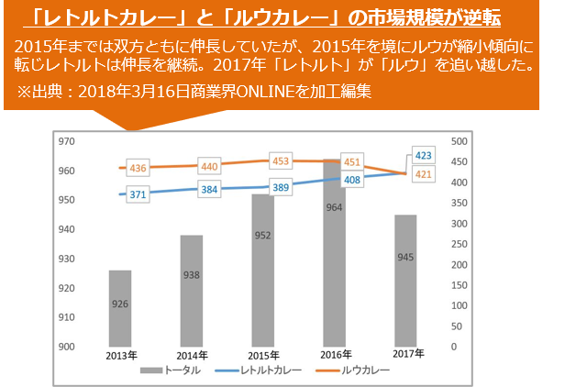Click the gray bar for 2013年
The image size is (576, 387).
[x=119, y=307]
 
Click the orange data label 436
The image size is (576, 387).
[x=138, y=168]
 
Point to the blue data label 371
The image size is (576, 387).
[x=138, y=194]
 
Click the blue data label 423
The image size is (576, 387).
[x=424, y=155]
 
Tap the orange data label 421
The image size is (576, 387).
[x=424, y=174]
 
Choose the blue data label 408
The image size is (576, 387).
[x=352, y=181]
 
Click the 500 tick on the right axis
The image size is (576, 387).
[x=460, y=141]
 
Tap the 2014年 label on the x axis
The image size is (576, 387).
[x=192, y=354]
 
